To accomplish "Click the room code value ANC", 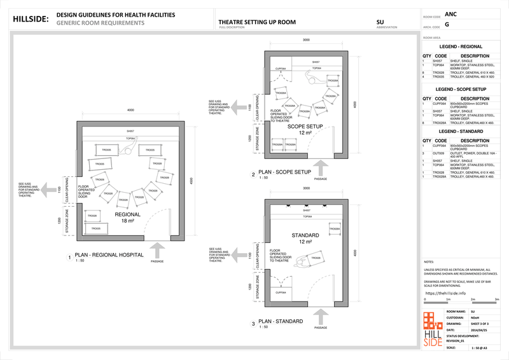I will tap(450, 13).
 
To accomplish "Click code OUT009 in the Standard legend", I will tap(438, 153).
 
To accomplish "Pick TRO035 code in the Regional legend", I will tap(438, 76).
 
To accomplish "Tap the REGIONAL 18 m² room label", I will tap(127, 218).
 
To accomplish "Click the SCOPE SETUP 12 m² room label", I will tap(306, 130).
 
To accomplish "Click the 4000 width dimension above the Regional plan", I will tap(130, 109).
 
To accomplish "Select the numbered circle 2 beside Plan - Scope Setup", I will tap(253, 174).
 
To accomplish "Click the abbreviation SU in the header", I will tap(380, 22).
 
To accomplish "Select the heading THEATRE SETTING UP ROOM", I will tap(252, 22).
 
